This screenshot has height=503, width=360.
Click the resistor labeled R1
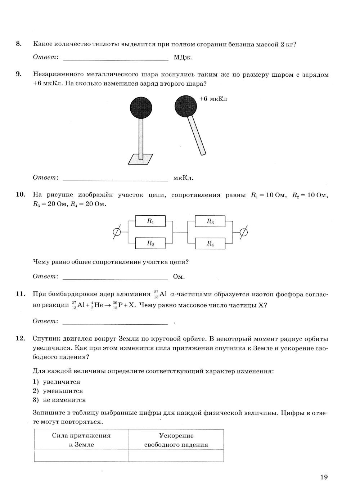coord(150,221)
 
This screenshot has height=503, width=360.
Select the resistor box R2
coord(150,243)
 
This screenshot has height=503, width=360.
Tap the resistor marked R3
coord(210,221)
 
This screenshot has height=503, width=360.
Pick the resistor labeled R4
coord(210,243)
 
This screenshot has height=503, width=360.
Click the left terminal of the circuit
coord(117,233)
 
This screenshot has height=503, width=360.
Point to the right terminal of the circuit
coord(244,233)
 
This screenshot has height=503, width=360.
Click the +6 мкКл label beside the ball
coord(213,99)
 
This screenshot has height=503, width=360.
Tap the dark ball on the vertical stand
coord(141,108)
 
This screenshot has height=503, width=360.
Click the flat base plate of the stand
coord(140,159)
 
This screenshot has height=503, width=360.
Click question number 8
coord(19,44)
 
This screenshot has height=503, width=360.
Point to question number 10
coord(20,195)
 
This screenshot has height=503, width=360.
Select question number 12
coord(20,338)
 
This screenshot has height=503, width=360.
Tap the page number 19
coord(324,477)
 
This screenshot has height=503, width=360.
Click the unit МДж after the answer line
coord(183,57)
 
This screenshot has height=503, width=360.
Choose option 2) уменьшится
coord(58,391)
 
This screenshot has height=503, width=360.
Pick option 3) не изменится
coord(59,400)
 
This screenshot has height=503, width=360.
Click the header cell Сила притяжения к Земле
coord(81,440)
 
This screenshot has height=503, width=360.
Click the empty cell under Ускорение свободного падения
coord(176,455)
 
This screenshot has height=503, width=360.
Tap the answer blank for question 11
coord(115,321)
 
